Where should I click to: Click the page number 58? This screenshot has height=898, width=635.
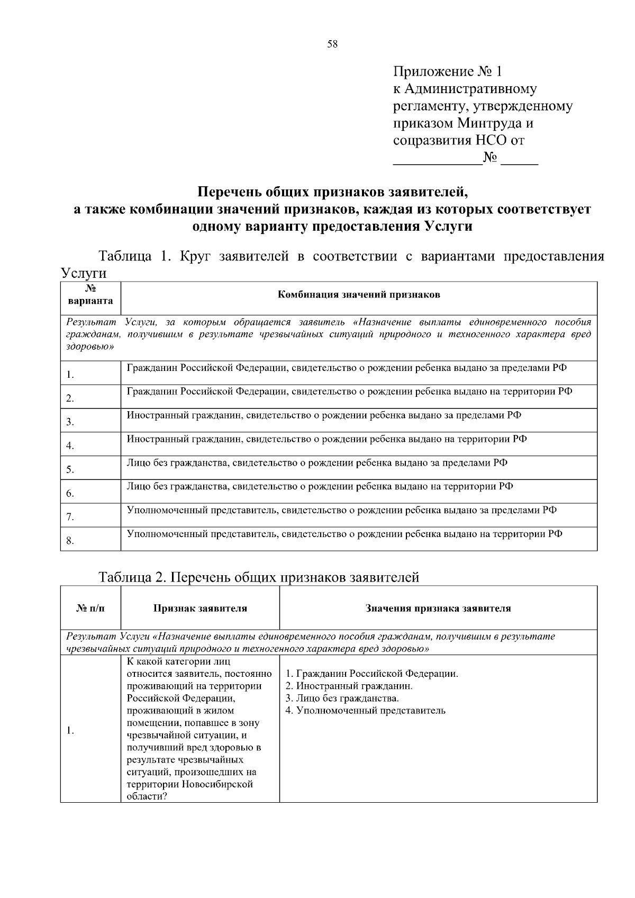332,44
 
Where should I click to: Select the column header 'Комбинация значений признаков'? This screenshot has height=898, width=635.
359,295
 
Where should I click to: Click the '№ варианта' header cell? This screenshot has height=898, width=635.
90,295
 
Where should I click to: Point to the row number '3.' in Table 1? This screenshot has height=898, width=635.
70,422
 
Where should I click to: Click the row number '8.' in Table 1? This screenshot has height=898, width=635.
70,541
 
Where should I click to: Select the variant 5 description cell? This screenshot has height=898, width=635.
317,463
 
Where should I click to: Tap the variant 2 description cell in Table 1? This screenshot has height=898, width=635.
349,392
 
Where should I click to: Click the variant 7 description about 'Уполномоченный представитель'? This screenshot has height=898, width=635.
341,510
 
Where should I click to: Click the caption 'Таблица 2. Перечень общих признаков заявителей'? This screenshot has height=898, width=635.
259,577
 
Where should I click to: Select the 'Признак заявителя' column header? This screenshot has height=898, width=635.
200,608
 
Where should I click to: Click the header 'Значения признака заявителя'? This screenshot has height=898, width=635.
438,608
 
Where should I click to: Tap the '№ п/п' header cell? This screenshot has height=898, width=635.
90,608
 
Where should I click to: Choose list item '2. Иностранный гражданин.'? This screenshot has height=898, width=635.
349,686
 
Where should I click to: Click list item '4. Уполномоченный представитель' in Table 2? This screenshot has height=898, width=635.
365,711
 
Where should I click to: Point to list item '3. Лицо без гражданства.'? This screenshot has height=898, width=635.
342,699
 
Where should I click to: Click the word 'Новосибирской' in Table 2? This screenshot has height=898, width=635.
217,784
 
